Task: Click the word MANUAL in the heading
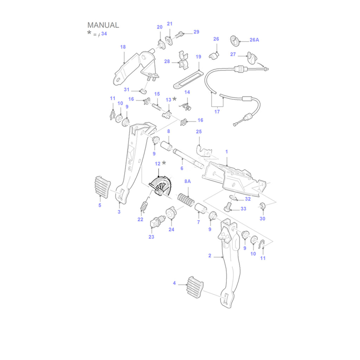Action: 103,25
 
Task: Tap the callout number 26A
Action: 254,40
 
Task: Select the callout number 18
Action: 123,47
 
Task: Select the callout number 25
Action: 199,132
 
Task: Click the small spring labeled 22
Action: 144,207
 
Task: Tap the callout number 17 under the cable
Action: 217,112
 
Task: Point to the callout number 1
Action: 227,152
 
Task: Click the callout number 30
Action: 262,219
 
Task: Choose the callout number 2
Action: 210,256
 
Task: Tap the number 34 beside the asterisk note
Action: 104,34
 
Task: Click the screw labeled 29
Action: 181,34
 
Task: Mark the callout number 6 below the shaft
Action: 182,168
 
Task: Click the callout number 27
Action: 233,54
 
